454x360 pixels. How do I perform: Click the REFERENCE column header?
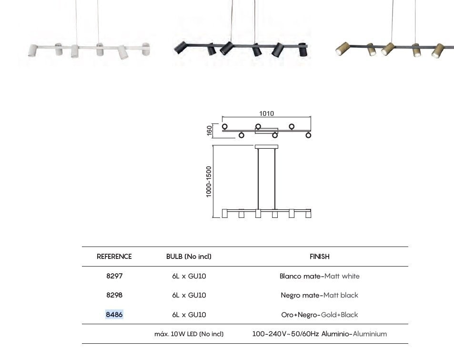114,257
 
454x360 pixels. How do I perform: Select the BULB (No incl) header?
189,257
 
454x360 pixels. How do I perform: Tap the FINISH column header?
320,257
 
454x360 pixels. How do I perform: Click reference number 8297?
114,276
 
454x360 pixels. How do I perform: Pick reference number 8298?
114,295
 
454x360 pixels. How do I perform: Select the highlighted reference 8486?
114,315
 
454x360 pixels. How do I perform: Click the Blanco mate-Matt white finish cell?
320,276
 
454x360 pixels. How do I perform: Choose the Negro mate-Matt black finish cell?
320,295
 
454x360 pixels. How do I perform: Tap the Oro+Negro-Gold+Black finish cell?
320,315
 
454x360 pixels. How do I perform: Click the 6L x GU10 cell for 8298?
189,295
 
